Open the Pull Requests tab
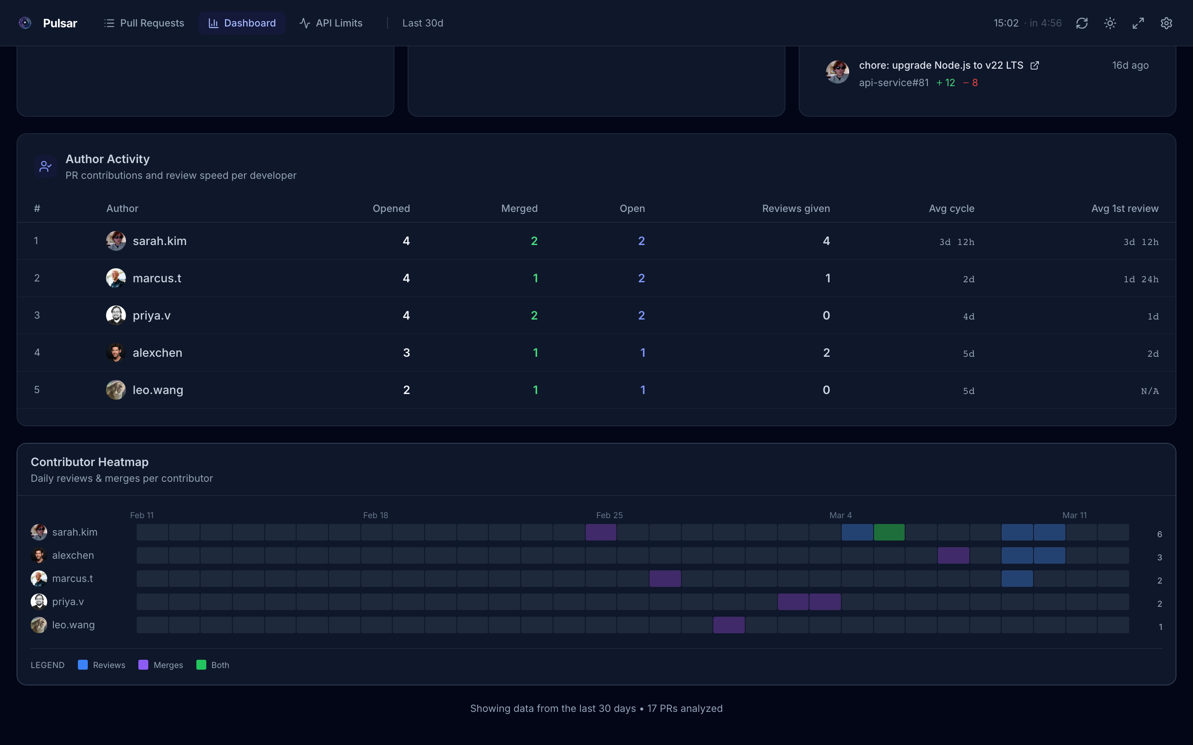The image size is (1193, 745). tap(144, 23)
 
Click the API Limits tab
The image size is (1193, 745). tap(331, 23)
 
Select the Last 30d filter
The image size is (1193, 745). tap(423, 23)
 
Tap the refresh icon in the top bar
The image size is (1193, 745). tap(1082, 23)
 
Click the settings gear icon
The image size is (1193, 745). tap(1166, 23)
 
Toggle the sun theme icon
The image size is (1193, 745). tap(1110, 23)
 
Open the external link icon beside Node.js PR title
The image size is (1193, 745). tap(1035, 65)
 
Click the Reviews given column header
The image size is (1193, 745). tap(796, 209)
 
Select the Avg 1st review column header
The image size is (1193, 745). tap(1125, 209)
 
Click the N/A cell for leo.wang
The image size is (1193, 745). tap(1150, 391)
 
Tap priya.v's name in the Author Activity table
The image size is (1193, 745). tap(151, 316)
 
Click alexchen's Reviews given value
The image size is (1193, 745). tap(826, 353)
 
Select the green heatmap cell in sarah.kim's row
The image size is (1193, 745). tap(889, 532)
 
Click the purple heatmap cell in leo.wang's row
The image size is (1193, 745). tap(729, 625)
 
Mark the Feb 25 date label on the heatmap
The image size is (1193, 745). tap(609, 515)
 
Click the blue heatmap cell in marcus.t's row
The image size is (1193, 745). tap(1017, 579)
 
